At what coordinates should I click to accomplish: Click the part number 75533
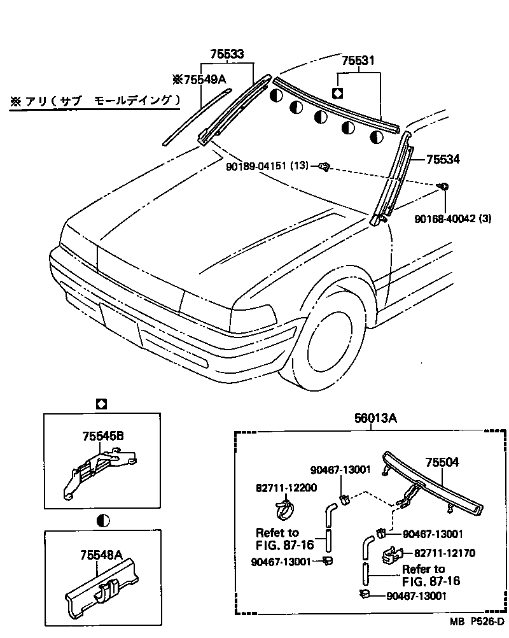pyautogui.click(x=227, y=55)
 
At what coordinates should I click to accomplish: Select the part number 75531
pyautogui.click(x=358, y=62)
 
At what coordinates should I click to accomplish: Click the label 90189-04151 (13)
pyautogui.click(x=267, y=166)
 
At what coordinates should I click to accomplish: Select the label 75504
pyautogui.click(x=442, y=463)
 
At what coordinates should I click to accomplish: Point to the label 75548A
pyautogui.click(x=102, y=555)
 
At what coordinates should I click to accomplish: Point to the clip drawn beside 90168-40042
pyautogui.click(x=443, y=187)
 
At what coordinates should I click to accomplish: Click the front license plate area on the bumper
pyautogui.click(x=119, y=323)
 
